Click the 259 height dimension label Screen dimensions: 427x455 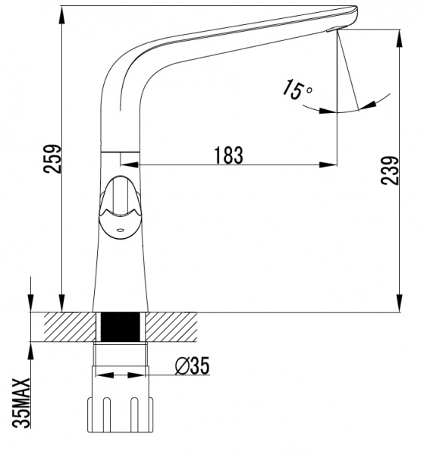tap(52, 158)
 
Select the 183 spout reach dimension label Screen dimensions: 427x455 tap(229, 155)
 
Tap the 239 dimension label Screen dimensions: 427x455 tap(390, 171)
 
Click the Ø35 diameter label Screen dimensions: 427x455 tap(192, 366)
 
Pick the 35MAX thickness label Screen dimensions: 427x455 tap(21, 403)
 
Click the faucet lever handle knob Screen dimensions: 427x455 tap(120, 208)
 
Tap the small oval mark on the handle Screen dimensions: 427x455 tap(120, 230)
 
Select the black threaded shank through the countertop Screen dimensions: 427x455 tap(120, 327)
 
